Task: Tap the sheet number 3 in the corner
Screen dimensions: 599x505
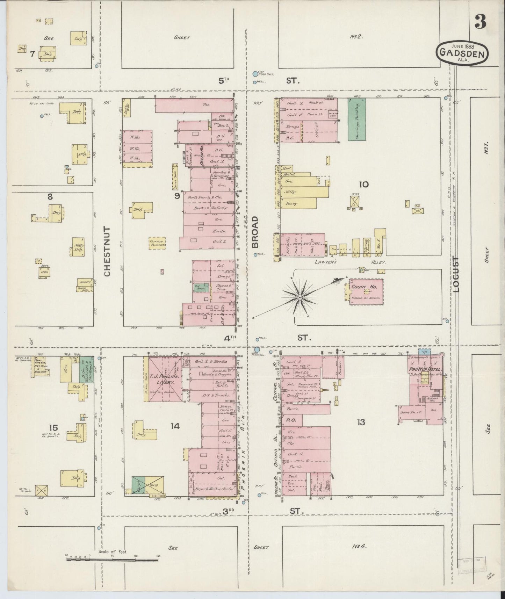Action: click(481, 23)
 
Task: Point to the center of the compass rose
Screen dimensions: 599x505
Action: click(300, 297)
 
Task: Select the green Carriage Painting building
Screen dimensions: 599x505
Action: click(357, 119)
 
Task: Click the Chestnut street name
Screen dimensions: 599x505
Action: click(107, 251)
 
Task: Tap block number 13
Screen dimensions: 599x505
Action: click(361, 422)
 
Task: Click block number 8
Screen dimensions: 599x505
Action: click(50, 197)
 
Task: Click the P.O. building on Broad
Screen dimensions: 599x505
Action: click(290, 421)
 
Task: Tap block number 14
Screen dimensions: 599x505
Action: click(175, 426)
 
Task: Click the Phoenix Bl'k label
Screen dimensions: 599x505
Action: click(244, 456)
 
